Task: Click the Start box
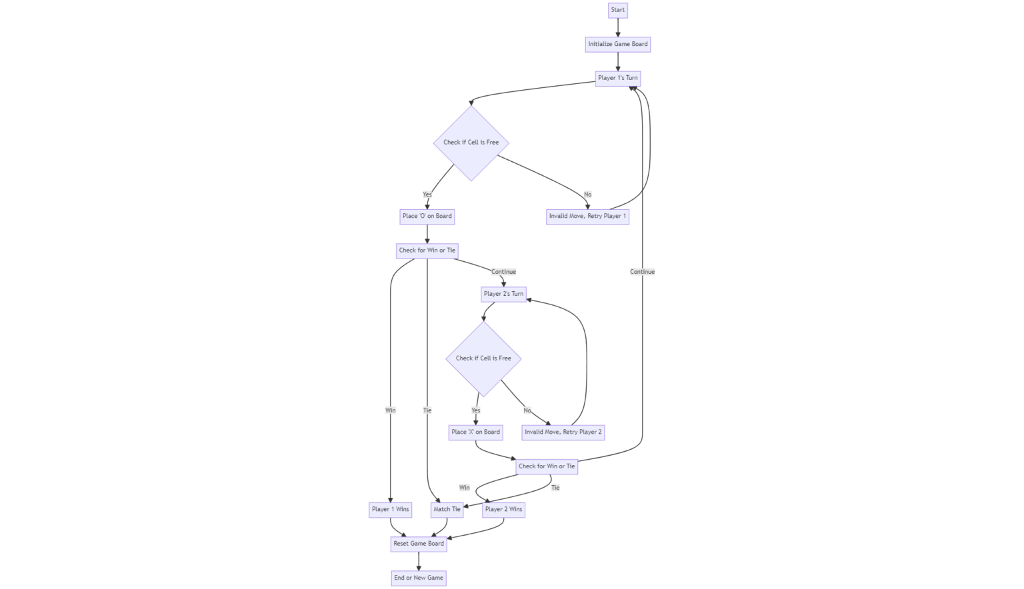click(x=618, y=10)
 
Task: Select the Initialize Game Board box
click(x=618, y=44)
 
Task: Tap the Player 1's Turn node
click(x=618, y=78)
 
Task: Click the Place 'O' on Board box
click(x=427, y=216)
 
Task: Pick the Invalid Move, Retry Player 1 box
click(x=587, y=216)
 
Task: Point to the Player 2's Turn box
click(x=503, y=294)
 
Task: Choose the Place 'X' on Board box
click(x=475, y=432)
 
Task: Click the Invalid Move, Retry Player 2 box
click(x=563, y=432)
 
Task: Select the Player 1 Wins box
click(x=391, y=510)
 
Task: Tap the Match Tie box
click(x=447, y=510)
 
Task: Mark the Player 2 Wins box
click(x=503, y=510)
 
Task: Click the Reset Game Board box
click(x=419, y=544)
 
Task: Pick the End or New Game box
click(x=419, y=578)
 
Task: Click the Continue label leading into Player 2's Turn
click(x=503, y=272)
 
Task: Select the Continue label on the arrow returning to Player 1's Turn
click(x=643, y=272)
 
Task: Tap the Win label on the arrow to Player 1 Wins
click(x=391, y=410)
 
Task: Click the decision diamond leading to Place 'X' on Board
click(x=483, y=358)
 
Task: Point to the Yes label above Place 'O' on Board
click(x=427, y=195)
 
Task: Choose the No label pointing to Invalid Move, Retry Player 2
click(x=527, y=410)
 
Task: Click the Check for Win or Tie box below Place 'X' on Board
click(x=547, y=466)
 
